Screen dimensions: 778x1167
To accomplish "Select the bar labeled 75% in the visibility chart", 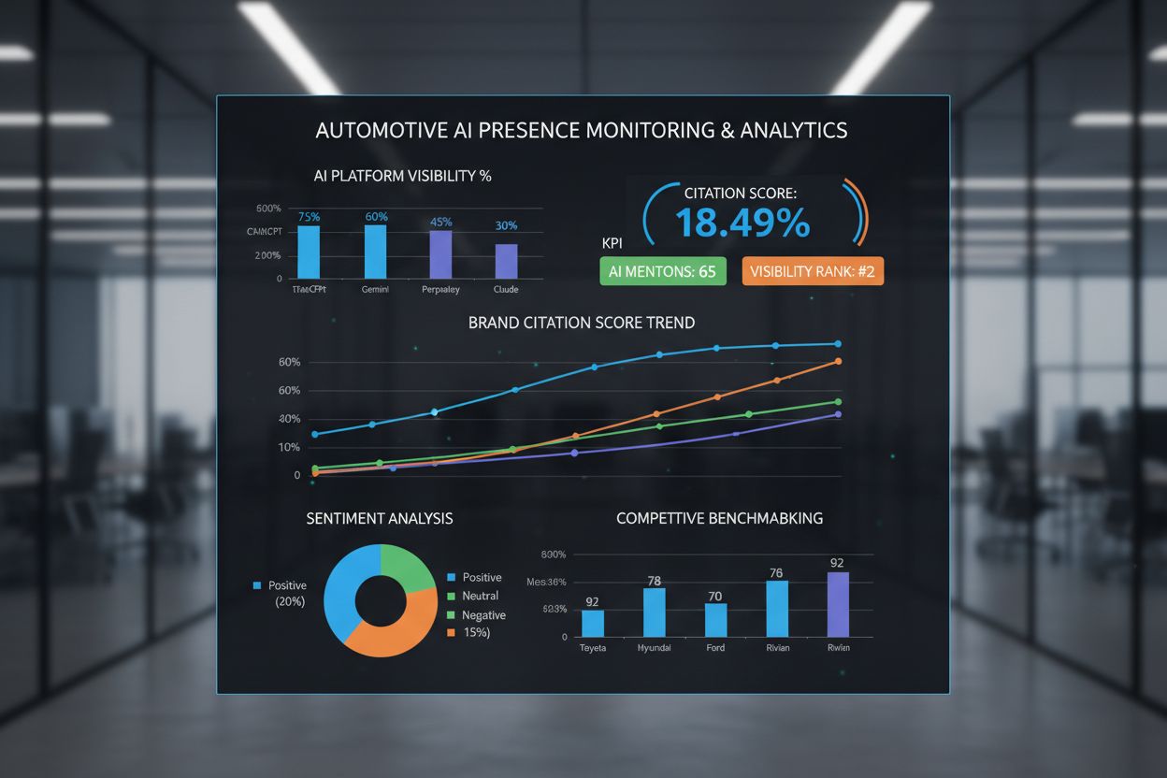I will click(x=309, y=252).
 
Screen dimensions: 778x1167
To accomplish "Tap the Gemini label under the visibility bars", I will click(x=375, y=291).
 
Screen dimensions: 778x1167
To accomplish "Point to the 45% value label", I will click(x=440, y=223).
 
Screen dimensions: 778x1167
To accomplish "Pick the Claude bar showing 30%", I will click(x=506, y=261).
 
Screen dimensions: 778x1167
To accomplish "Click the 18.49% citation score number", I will click(x=742, y=224).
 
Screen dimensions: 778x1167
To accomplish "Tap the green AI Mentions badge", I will click(x=662, y=271).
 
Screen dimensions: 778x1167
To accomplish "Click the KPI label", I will click(x=613, y=243).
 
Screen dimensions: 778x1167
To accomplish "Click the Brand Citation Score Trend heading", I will click(x=581, y=323).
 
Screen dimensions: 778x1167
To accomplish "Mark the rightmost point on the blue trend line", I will click(x=838, y=344).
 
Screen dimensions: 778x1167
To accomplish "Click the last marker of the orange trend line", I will click(x=838, y=362).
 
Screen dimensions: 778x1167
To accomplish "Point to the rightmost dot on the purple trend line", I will click(x=838, y=414).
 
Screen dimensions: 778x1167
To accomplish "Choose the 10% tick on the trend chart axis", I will click(x=290, y=447).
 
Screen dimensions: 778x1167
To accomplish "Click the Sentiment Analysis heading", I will click(x=380, y=518).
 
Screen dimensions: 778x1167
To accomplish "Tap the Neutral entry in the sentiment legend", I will click(x=480, y=596).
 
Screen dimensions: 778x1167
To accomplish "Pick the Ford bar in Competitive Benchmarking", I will click(x=715, y=619).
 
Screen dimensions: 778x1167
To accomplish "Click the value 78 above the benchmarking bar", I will click(x=655, y=582).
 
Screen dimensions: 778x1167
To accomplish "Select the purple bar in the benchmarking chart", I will click(x=838, y=604).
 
